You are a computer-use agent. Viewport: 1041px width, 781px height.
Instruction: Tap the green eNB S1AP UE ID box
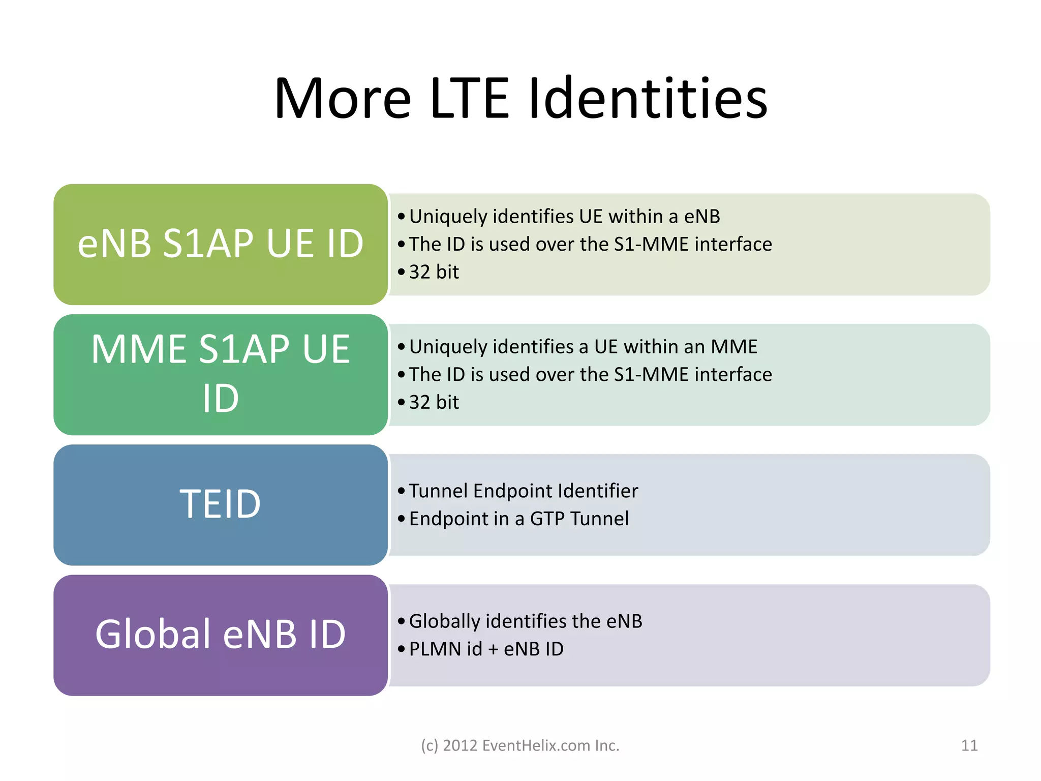[x=221, y=244]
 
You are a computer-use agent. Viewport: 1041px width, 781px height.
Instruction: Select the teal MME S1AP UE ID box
[x=221, y=374]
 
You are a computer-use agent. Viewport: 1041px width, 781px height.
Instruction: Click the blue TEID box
[x=221, y=504]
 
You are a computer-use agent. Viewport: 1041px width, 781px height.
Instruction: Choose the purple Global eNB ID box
[x=221, y=635]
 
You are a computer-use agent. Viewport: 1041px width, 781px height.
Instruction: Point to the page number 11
[x=969, y=745]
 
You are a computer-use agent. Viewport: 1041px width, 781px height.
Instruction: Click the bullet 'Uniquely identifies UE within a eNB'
[x=564, y=217]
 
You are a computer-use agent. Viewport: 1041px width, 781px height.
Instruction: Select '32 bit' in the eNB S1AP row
[x=434, y=272]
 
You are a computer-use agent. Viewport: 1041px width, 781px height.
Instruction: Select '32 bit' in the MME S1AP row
[x=434, y=402]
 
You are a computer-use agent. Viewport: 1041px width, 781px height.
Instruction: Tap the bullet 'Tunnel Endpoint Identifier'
[x=523, y=491]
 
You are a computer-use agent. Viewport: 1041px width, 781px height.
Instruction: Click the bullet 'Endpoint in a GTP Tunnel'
[x=518, y=519]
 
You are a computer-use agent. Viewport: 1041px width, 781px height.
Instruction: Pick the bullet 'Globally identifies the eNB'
[x=525, y=621]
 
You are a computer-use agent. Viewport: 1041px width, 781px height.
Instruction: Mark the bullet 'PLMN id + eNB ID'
[x=486, y=649]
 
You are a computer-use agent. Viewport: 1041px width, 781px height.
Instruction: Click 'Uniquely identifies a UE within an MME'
[x=583, y=347]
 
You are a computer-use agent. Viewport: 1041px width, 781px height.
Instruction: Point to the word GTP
[x=547, y=519]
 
